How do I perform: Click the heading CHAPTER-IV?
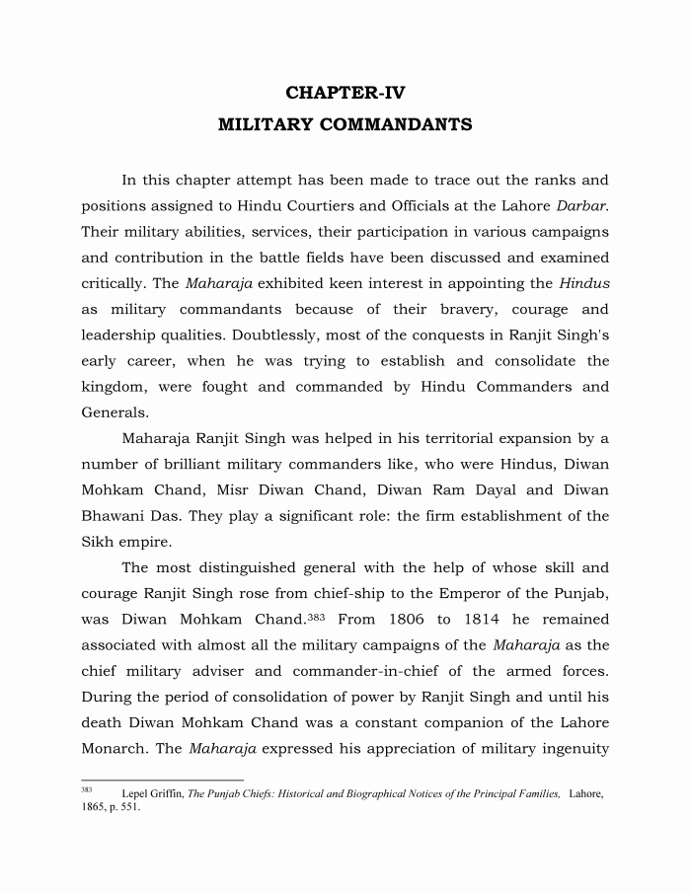(x=345, y=93)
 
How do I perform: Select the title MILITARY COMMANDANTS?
(x=345, y=125)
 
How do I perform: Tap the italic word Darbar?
(x=582, y=206)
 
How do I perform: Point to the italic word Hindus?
(x=584, y=283)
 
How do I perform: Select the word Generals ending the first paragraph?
(x=115, y=411)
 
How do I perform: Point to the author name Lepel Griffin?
(x=151, y=793)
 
